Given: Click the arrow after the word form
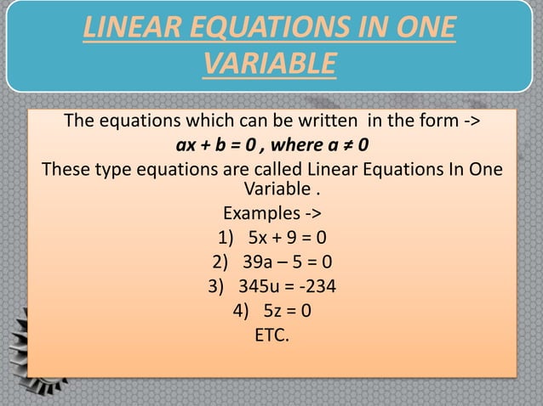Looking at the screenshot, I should click(467, 117).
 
